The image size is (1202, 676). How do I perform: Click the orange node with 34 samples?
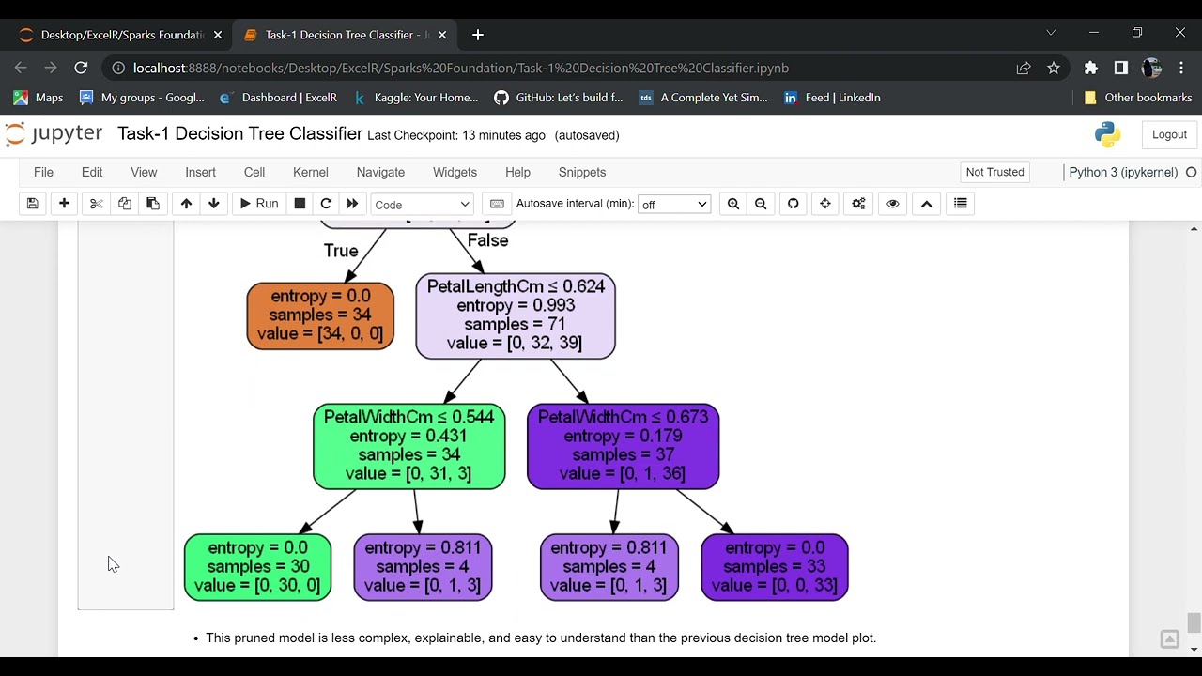point(320,315)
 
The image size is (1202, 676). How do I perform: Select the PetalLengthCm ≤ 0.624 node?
point(516,315)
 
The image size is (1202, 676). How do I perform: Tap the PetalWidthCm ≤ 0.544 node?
point(408,446)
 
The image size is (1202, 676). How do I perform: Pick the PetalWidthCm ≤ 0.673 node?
point(623,446)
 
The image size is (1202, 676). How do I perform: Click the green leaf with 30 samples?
point(257,567)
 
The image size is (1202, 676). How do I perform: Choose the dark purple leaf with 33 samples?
point(774,567)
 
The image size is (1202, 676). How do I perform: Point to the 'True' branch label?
point(341,251)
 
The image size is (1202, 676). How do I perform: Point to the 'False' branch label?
point(487,240)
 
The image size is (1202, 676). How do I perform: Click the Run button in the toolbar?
point(257,204)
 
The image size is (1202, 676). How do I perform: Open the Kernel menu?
point(310,172)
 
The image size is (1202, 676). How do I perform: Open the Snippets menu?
point(581,172)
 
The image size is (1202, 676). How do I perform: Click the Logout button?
point(1169,134)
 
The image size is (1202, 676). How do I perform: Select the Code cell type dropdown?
point(422,205)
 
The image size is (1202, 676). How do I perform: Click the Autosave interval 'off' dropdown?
point(673,205)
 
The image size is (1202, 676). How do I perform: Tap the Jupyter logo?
point(54,134)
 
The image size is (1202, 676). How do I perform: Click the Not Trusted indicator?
point(994,172)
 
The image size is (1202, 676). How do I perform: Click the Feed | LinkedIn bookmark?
point(832,98)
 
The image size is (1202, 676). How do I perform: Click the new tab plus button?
point(477,35)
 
